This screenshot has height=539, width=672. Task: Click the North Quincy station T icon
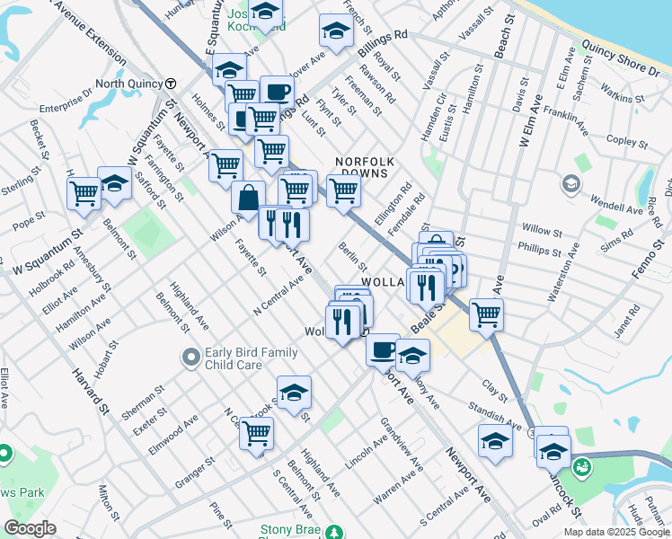pos(170,84)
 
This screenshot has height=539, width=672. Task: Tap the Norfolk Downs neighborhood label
pos(365,166)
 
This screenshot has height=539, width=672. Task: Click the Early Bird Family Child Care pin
pos(190,358)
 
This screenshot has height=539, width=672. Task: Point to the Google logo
pos(31,528)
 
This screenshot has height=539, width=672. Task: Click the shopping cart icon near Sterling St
pos(84,192)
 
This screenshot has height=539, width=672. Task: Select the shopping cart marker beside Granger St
pos(257,433)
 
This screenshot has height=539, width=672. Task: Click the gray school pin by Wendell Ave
pos(570,185)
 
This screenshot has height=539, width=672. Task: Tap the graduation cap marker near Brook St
pos(293,393)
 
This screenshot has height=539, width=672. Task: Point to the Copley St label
pos(621,140)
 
